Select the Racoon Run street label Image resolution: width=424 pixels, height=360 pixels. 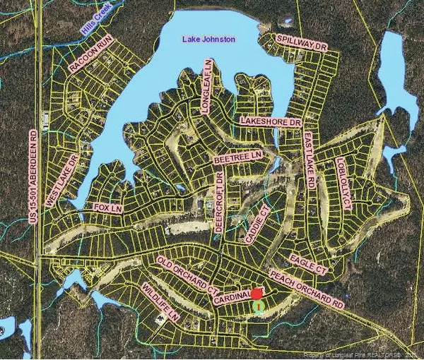coord(92,56)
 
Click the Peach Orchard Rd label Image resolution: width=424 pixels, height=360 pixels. coord(306,289)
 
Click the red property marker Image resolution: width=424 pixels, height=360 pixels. coord(257,292)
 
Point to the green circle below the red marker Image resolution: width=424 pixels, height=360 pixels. coord(259,307)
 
